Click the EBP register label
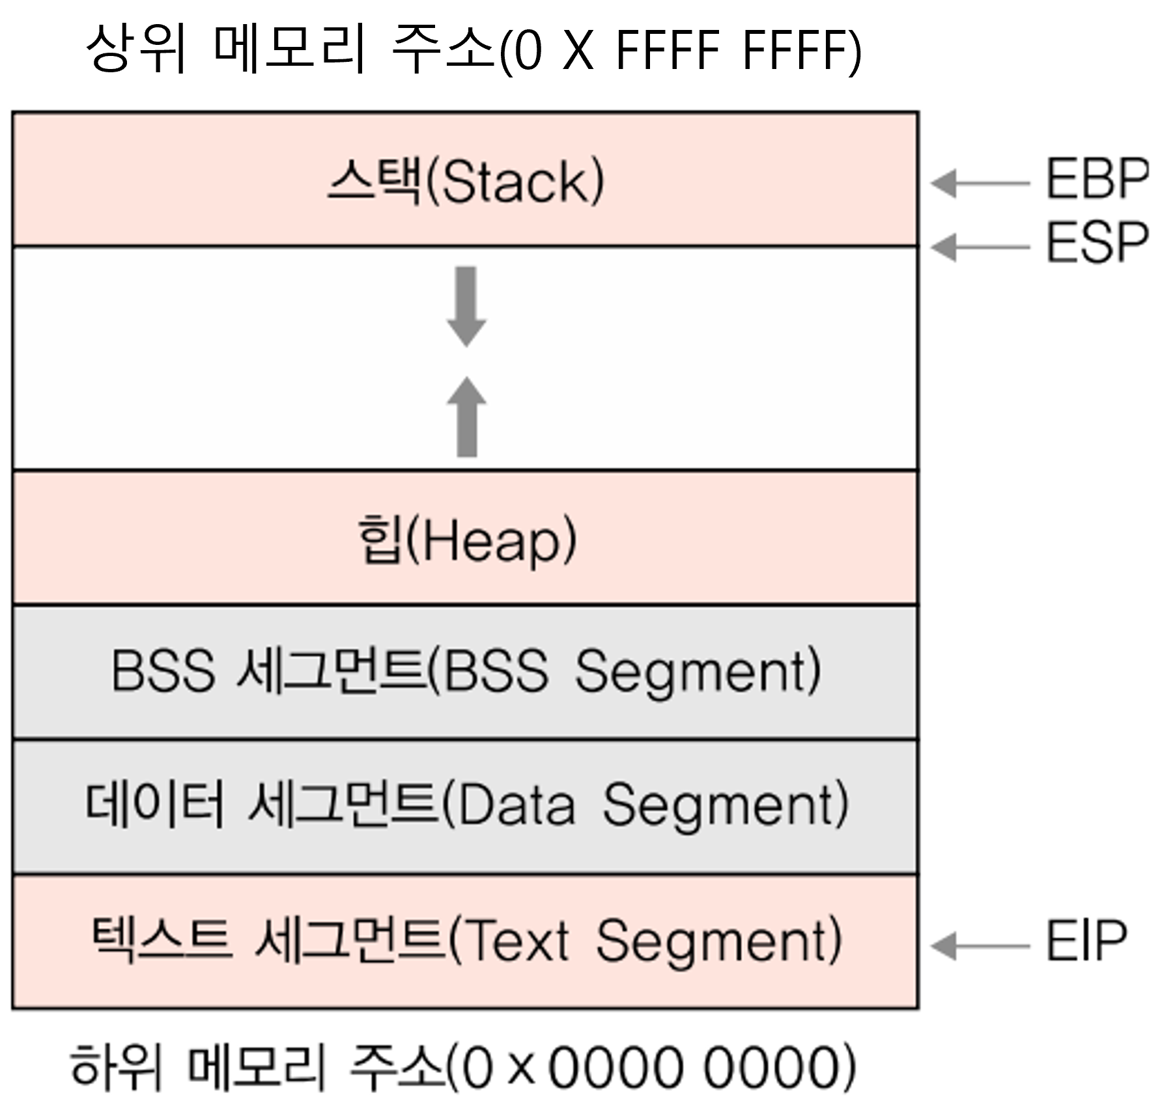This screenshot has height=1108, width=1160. (x=1097, y=179)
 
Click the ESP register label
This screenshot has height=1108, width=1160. (x=1097, y=242)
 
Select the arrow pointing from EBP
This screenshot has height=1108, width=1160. (x=980, y=184)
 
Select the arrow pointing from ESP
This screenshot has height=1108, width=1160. (x=980, y=247)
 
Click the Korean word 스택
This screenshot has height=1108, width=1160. (x=374, y=181)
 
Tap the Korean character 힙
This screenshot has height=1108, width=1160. (x=379, y=539)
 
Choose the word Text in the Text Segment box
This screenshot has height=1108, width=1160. (x=518, y=941)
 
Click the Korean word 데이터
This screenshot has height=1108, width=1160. (x=154, y=805)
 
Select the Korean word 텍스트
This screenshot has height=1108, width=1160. (x=161, y=939)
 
